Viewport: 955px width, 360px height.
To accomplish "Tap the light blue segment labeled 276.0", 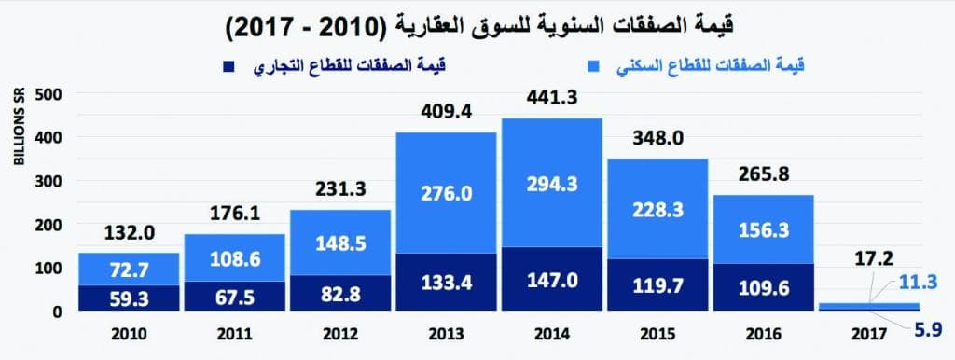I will pyautogui.click(x=445, y=193).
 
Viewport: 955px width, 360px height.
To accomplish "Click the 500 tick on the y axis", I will pyautogui.click(x=48, y=93).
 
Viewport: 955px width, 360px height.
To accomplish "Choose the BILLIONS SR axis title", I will pyautogui.click(x=20, y=128).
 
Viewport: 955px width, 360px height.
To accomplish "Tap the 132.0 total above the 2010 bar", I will pyautogui.click(x=127, y=233).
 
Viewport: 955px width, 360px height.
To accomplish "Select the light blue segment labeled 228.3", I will pyautogui.click(x=657, y=210).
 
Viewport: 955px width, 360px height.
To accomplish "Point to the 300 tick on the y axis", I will pyautogui.click(x=48, y=181).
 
